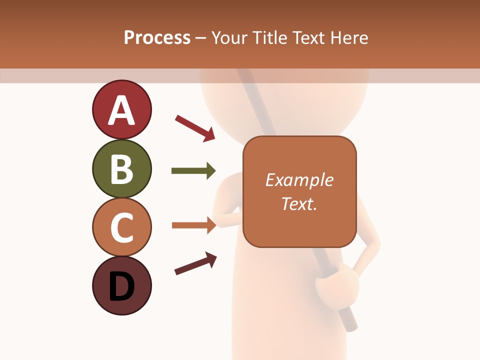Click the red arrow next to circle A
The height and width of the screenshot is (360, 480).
[195, 127]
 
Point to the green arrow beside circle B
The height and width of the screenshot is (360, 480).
[193, 171]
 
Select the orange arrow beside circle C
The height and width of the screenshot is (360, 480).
[194, 225]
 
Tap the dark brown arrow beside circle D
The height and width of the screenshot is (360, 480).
[195, 263]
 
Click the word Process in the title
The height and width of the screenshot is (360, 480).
[157, 38]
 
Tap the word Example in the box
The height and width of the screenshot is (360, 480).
[299, 180]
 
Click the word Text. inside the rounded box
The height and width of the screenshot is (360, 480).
[299, 203]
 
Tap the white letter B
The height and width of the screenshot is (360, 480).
[121, 169]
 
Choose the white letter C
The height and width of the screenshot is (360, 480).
[121, 228]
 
